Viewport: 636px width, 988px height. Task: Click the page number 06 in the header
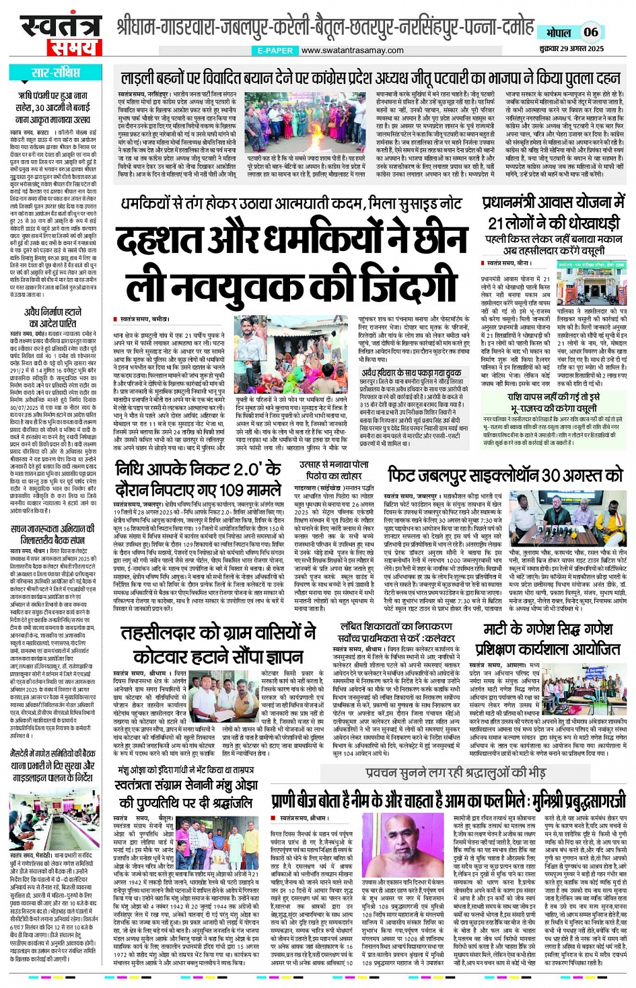(590, 32)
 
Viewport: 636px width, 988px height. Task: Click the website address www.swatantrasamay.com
(353, 50)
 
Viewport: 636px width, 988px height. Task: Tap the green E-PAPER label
(275, 50)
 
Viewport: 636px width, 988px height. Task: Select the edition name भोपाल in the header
(559, 32)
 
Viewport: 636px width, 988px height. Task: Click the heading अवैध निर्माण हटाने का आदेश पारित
(53, 318)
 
